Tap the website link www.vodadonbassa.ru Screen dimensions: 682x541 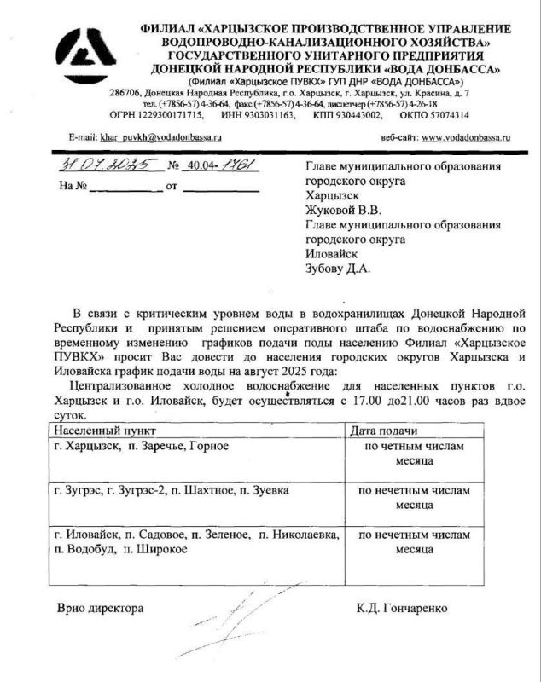(x=466, y=136)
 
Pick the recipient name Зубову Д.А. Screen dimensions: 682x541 (x=338, y=269)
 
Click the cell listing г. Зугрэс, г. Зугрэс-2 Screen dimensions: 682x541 (x=171, y=492)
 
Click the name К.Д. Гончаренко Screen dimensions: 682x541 (x=402, y=609)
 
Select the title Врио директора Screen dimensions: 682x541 (x=100, y=609)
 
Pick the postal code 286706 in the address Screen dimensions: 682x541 (x=127, y=91)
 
